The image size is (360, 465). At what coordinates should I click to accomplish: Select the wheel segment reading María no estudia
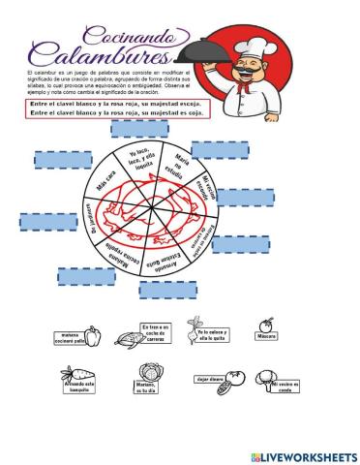[x=178, y=167]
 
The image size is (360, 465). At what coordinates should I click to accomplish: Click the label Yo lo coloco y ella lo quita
[x=220, y=337]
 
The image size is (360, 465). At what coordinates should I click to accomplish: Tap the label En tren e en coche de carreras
[x=156, y=332]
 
